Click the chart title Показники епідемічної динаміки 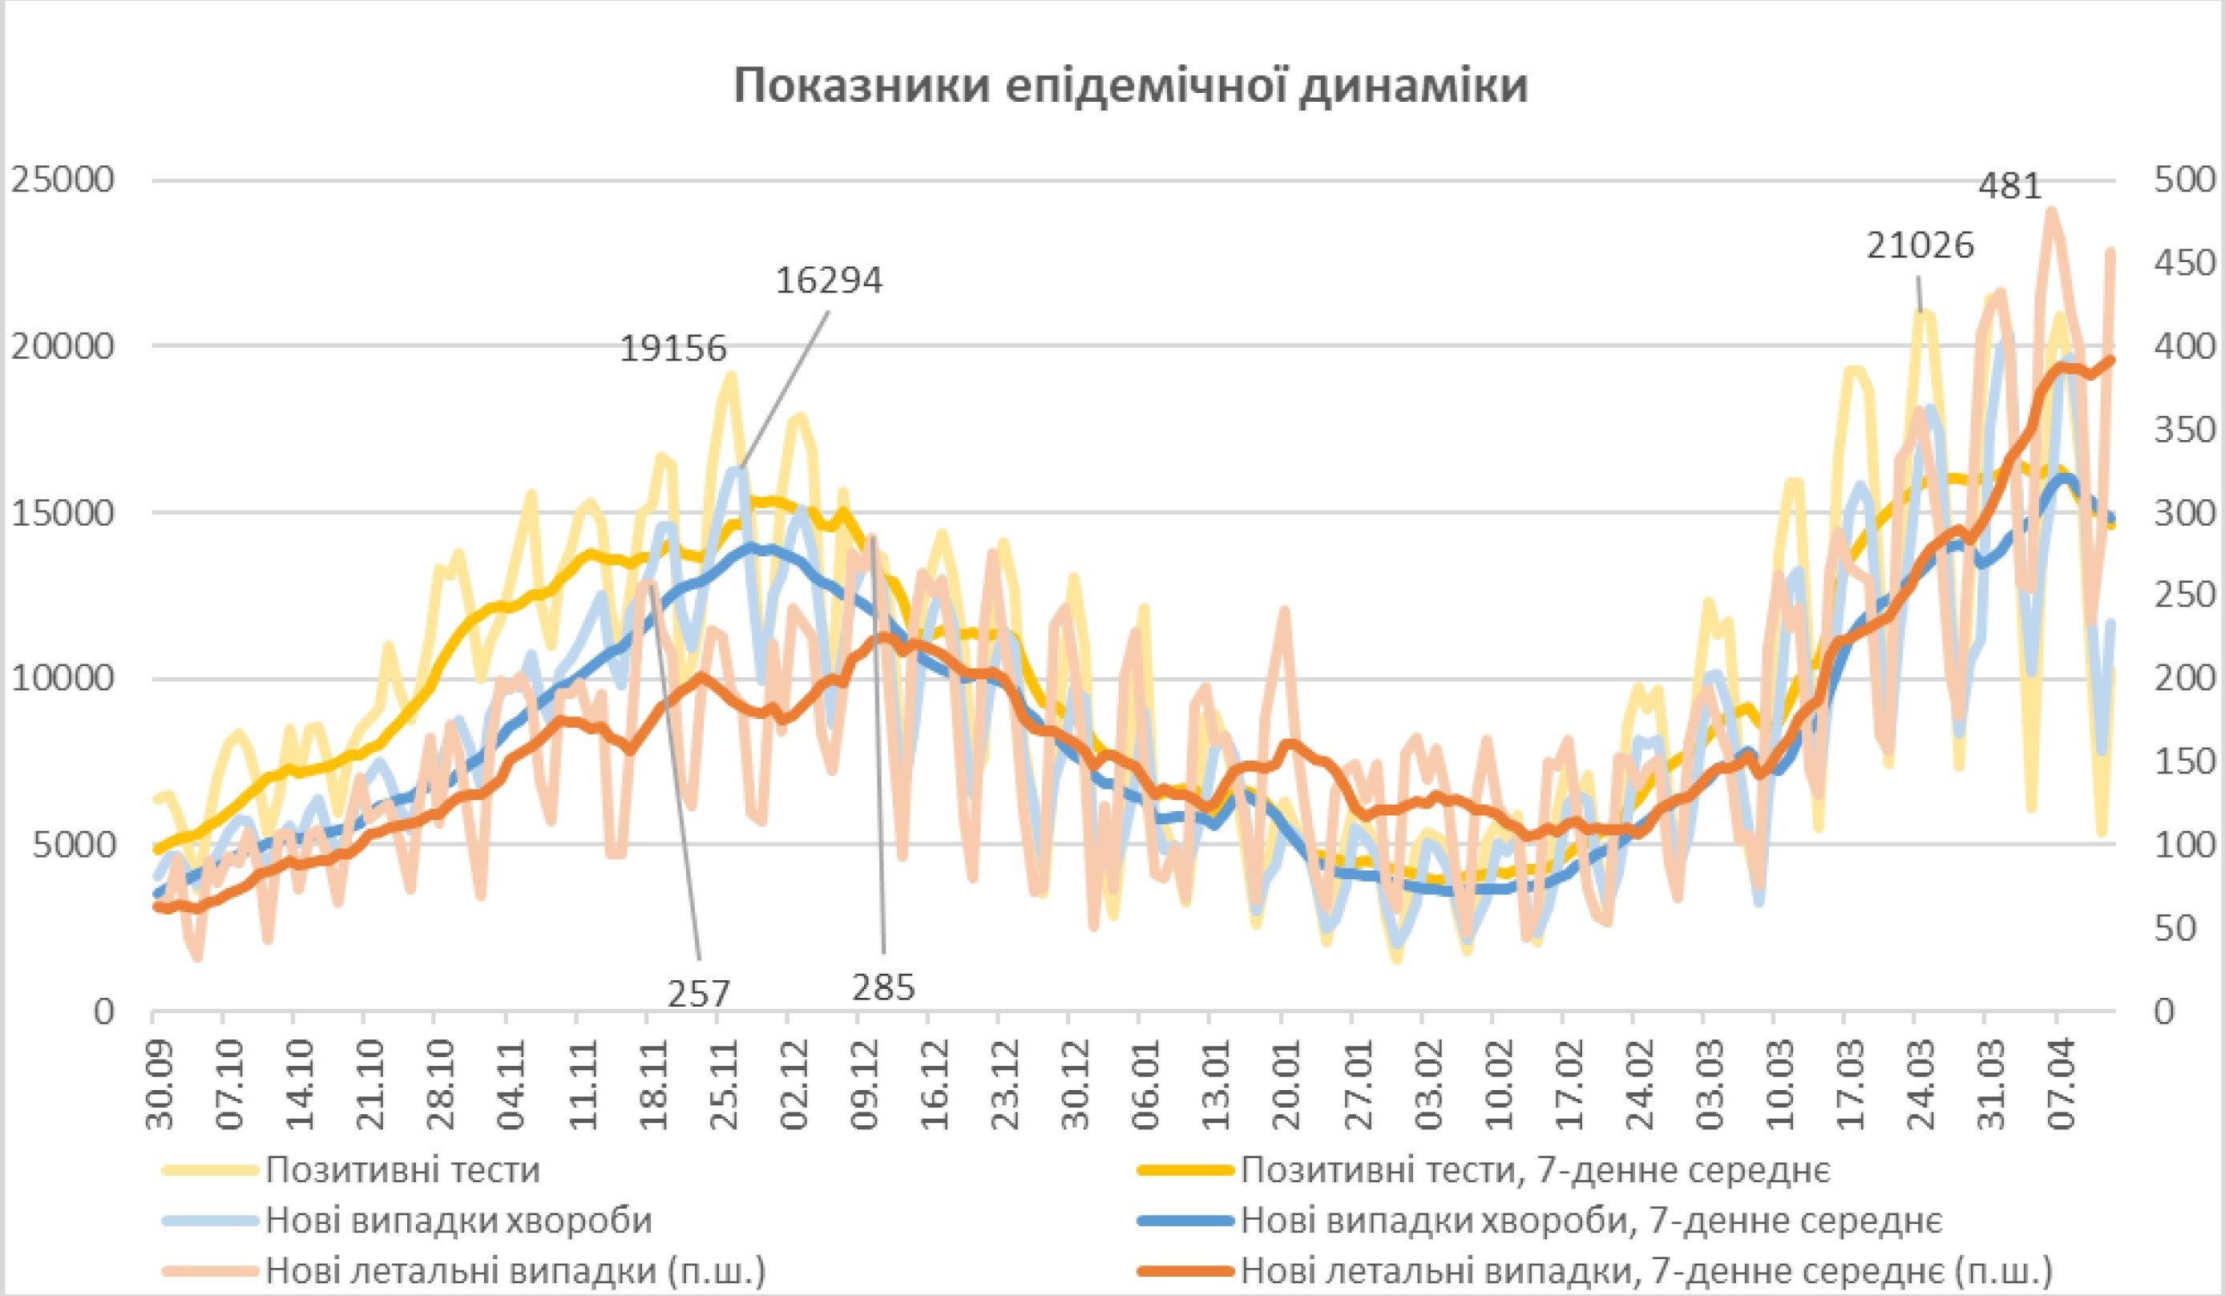(x=1131, y=87)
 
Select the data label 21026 (x=1920, y=245)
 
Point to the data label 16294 (x=829, y=281)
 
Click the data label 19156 (x=672, y=349)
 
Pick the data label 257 (x=698, y=995)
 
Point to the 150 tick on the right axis (x=2184, y=762)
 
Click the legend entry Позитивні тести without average (x=402, y=1169)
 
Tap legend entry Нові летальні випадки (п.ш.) (x=515, y=1271)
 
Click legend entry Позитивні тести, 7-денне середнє (x=1536, y=1169)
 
